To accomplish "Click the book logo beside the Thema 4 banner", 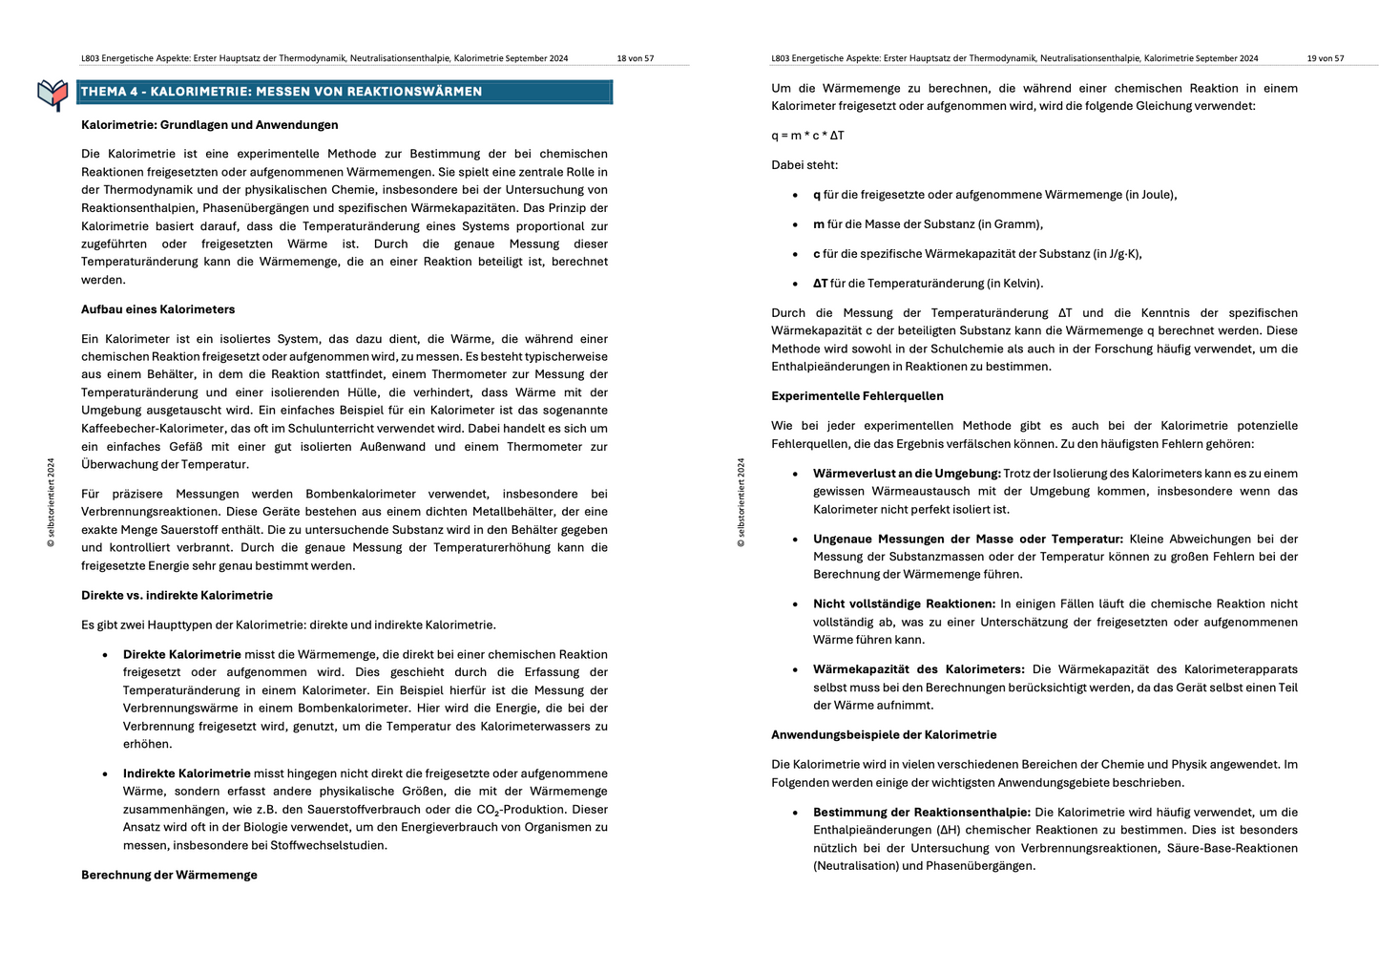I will [x=52, y=94].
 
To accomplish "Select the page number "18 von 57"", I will [x=635, y=58].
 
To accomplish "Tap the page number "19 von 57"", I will [x=1325, y=58].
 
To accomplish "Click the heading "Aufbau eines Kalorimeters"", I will [x=157, y=309].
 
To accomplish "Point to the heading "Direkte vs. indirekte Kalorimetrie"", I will [x=177, y=595].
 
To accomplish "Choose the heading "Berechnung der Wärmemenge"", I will [x=169, y=875].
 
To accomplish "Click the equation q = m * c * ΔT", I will [x=807, y=136].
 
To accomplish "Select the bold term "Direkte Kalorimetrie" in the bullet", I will [x=181, y=654].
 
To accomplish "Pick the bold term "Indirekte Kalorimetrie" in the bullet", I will [x=186, y=773].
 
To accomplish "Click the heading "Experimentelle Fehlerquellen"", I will [x=857, y=396].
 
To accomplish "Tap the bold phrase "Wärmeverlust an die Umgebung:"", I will [x=906, y=474].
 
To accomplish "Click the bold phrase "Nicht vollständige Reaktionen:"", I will [x=904, y=603].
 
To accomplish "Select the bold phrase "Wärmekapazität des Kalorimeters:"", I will [x=918, y=669].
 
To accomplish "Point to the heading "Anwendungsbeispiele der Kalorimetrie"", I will [x=884, y=735].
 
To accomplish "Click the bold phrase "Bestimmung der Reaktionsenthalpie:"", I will [x=921, y=813].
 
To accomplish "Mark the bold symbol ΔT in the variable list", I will [x=820, y=284].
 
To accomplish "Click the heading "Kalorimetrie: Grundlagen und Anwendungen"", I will [x=209, y=125].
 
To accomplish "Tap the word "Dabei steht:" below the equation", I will [x=804, y=165].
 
